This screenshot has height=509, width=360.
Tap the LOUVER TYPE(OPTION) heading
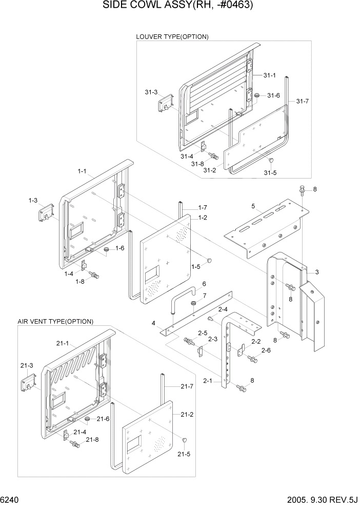click(x=172, y=36)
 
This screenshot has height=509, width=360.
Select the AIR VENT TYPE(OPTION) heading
click(x=55, y=322)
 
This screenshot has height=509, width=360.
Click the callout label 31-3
click(x=151, y=92)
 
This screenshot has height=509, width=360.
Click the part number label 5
click(x=253, y=206)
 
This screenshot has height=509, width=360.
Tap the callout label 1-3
click(x=33, y=200)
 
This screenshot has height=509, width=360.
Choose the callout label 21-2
click(x=187, y=414)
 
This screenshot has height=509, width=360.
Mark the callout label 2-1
click(x=208, y=381)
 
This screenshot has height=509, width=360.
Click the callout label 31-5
click(x=270, y=172)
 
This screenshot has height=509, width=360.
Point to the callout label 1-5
click(x=195, y=267)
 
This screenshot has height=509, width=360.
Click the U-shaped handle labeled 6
click(x=183, y=298)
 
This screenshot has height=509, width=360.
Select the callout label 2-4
click(x=223, y=309)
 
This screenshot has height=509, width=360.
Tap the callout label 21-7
click(x=187, y=386)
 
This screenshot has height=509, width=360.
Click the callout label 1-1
click(x=82, y=171)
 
